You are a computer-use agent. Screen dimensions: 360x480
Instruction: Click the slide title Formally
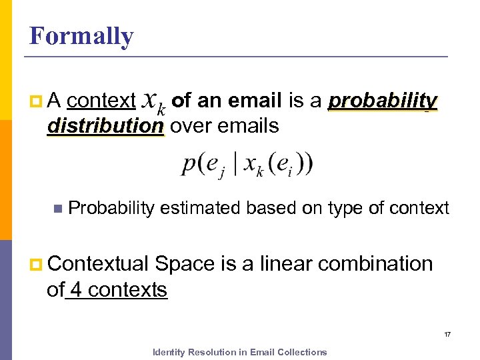coord(81,36)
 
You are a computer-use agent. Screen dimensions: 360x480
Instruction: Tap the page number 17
coord(447,334)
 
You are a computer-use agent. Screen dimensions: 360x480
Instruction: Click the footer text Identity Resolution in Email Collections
coord(240,352)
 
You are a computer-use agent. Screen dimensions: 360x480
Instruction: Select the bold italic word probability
coord(383,101)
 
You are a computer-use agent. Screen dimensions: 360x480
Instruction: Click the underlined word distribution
coord(105,125)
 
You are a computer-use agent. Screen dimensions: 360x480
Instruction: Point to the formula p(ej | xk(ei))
coord(247,163)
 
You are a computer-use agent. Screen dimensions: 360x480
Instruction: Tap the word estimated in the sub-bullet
coord(201,208)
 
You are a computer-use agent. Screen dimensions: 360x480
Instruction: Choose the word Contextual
coord(98,264)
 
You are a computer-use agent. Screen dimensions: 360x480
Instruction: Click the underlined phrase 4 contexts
coord(118,290)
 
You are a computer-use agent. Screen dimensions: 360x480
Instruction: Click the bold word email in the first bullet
coord(255,101)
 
